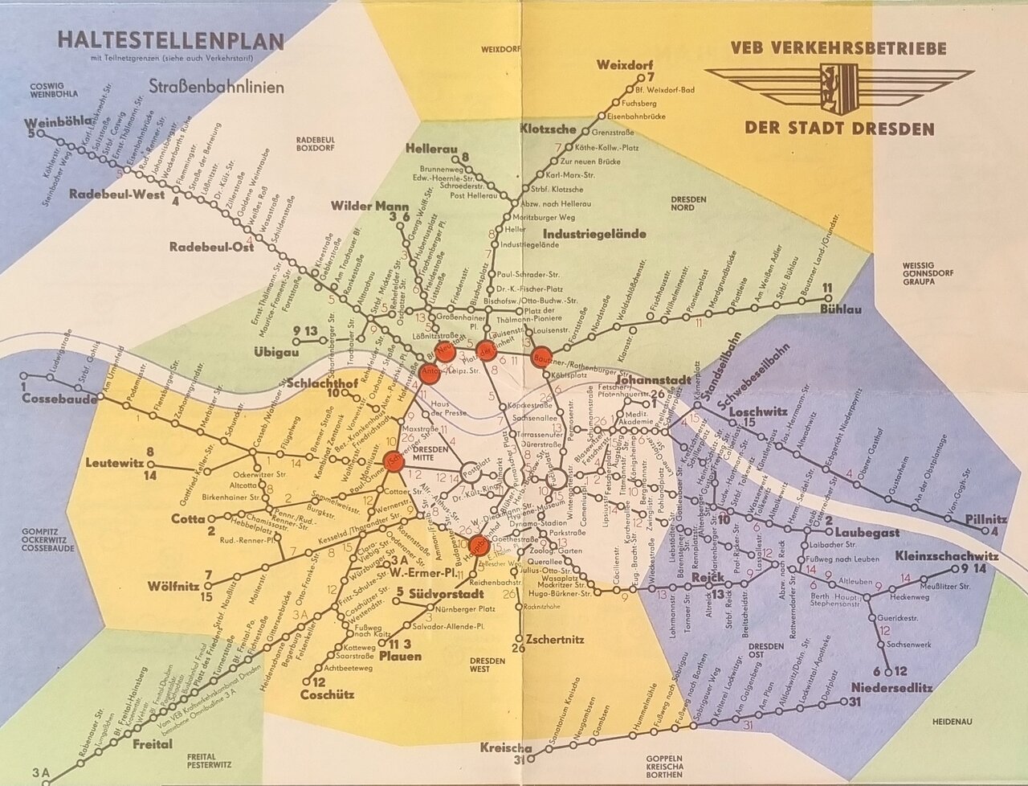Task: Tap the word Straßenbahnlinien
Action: [x=216, y=87]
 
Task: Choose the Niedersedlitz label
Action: [x=887, y=687]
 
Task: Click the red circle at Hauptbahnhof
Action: [x=479, y=545]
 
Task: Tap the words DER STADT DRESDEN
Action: [x=839, y=129]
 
